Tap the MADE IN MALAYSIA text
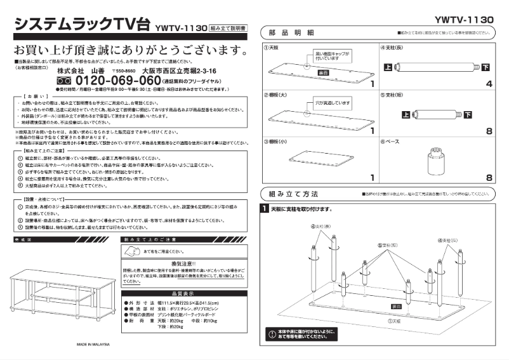click(94, 344)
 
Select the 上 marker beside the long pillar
click(388, 67)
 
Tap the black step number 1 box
click(265, 208)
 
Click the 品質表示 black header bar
click(183, 293)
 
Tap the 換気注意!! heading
click(183, 263)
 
